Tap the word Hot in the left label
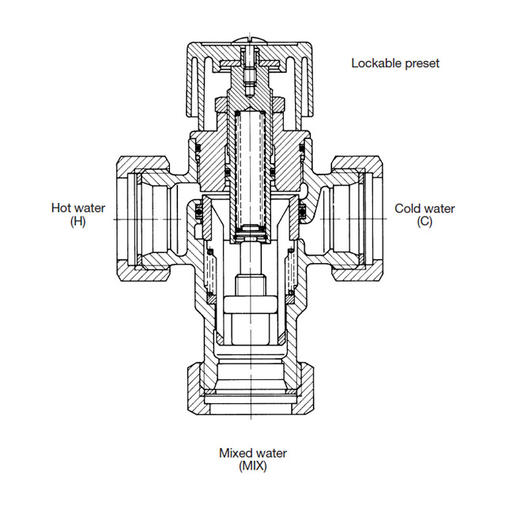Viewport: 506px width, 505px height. [62, 209]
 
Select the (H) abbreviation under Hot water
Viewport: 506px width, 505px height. [77, 221]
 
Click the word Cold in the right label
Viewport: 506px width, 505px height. [407, 209]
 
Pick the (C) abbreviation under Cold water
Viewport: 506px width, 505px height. [425, 221]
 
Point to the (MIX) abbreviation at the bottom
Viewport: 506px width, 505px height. [252, 466]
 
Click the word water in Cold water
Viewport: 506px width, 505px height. [439, 209]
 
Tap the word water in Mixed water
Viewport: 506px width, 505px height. [270, 454]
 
